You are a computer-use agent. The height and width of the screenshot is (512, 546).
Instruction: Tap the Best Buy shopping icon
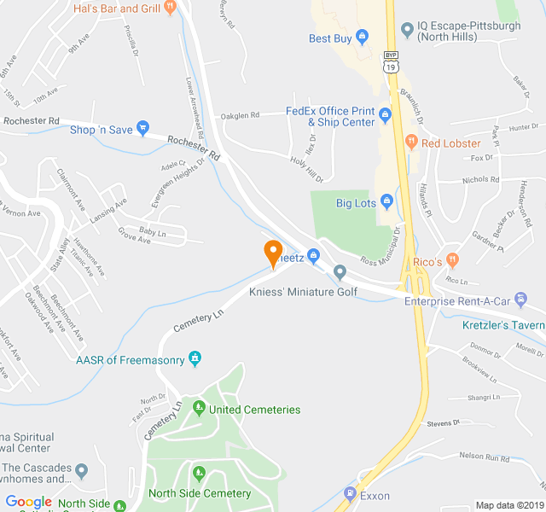pyautogui.click(x=362, y=38)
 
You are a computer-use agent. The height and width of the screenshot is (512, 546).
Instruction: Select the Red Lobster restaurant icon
pyautogui.click(x=410, y=143)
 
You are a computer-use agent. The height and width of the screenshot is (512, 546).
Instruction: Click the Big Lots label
pyautogui.click(x=357, y=203)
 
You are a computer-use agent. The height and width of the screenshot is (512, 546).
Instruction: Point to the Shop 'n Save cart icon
pyautogui.click(x=142, y=129)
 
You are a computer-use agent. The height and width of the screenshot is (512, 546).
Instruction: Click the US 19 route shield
pyautogui.click(x=391, y=67)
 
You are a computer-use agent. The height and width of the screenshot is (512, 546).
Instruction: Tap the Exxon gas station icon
pyautogui.click(x=350, y=495)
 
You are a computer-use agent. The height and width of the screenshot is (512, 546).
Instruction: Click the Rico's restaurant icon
pyautogui.click(x=452, y=259)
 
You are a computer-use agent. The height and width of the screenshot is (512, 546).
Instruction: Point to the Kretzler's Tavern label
pyautogui.click(x=503, y=325)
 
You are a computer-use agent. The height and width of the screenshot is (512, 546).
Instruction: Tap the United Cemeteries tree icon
pyautogui.click(x=199, y=409)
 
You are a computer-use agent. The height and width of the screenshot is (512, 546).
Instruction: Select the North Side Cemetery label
pyautogui.click(x=200, y=493)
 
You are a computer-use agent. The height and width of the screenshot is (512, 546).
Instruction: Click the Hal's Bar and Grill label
pyautogui.click(x=118, y=9)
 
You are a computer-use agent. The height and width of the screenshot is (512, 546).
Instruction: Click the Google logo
pyautogui.click(x=29, y=502)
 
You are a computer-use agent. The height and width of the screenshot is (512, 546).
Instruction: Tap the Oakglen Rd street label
pyautogui.click(x=240, y=115)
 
